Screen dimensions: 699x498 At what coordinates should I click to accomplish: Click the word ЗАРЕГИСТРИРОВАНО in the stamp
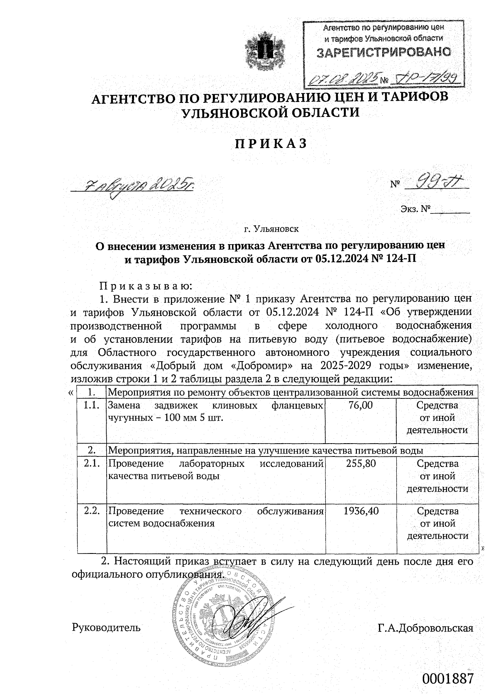coord(384,53)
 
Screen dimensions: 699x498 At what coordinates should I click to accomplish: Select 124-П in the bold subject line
coord(398,259)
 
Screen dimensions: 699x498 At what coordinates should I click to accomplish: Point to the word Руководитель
coord(106,627)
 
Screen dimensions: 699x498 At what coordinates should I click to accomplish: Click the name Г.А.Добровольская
coord(425,628)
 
